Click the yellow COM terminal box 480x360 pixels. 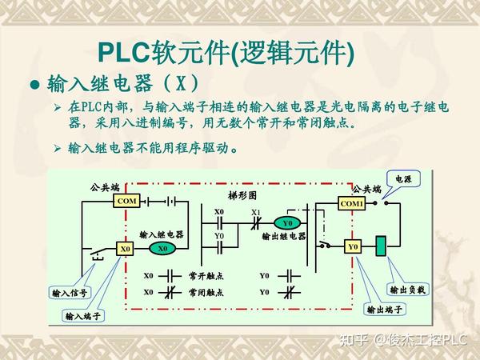point(126,201)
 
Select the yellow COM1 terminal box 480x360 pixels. point(352,203)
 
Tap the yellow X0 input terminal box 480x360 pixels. point(125,249)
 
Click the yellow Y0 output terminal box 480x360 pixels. point(353,246)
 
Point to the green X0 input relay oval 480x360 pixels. point(162,248)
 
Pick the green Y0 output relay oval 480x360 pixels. point(287,223)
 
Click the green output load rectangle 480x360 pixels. point(381,246)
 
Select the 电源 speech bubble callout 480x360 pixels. point(403,179)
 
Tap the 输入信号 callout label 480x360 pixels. point(70,294)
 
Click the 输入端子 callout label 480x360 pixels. point(83,316)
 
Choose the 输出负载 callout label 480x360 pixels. point(407,290)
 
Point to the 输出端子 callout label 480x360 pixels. point(385,309)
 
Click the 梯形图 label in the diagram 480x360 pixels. point(242,196)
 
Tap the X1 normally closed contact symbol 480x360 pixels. point(256,223)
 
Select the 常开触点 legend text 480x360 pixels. point(206,276)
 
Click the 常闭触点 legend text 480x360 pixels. point(206,292)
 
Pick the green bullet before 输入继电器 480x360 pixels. point(35,84)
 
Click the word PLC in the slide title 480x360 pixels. point(123,53)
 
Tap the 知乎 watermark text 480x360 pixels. point(354,340)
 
